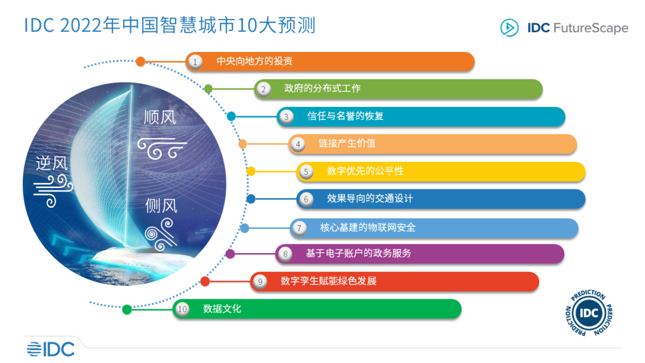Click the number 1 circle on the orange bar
(193, 61)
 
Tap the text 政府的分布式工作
(322, 89)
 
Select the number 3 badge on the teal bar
(286, 117)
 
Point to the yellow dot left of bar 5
(251, 171)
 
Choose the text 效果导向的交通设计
(370, 199)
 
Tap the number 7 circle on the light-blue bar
(299, 227)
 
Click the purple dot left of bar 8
(231, 254)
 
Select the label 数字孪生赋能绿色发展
(328, 281)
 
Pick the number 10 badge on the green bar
(183, 309)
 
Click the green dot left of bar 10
(127, 309)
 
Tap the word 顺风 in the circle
(160, 118)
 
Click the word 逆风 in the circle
(52, 163)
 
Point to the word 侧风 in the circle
(161, 207)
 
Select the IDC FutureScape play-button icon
(509, 28)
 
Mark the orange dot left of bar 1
(140, 61)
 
